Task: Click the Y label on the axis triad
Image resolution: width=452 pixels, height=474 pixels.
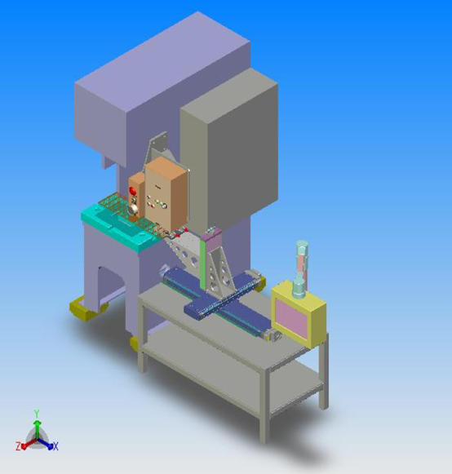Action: pyautogui.click(x=37, y=414)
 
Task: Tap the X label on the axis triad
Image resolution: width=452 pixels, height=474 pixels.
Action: pyautogui.click(x=55, y=446)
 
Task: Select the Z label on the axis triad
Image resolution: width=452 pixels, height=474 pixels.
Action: pyautogui.click(x=18, y=446)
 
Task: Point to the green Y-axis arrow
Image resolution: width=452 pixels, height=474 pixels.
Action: pyautogui.click(x=37, y=429)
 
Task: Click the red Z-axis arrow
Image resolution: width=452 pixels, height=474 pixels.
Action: pyautogui.click(x=28, y=444)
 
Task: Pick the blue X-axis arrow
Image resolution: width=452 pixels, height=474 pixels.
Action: pyautogui.click(x=46, y=443)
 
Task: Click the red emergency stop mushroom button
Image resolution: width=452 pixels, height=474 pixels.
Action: pyautogui.click(x=132, y=191)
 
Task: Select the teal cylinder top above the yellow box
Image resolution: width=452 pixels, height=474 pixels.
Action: pyautogui.click(x=302, y=245)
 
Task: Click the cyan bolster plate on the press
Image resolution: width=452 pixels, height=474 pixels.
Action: pyautogui.click(x=119, y=227)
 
